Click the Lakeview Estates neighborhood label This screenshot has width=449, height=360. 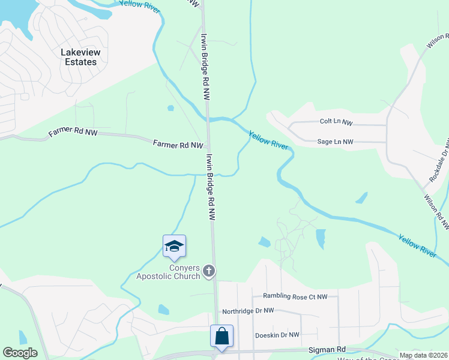coord(79,57)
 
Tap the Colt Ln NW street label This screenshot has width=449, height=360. coord(336,122)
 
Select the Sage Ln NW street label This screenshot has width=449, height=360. coord(335,142)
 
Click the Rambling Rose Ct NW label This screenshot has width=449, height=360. coord(295,296)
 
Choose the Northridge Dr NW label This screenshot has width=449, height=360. coord(248,311)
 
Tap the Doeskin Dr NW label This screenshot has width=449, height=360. coord(277,335)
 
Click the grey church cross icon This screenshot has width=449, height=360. coord(208,271)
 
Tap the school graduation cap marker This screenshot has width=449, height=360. coord(174,247)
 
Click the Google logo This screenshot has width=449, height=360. coord(20,353)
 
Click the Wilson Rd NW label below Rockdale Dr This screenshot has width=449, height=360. coord(436,211)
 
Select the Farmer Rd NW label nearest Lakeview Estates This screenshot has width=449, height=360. coord(73,131)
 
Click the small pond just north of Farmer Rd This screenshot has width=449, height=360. coord(170,109)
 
